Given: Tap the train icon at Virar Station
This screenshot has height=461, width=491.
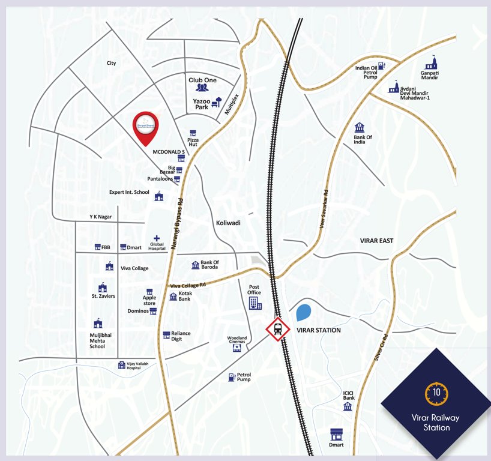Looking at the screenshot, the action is [x=278, y=328].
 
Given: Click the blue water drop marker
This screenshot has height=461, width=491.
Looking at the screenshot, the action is [x=304, y=313].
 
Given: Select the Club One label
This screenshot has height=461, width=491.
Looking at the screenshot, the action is [x=202, y=80].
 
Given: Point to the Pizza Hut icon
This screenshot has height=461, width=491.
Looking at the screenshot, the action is [x=193, y=133].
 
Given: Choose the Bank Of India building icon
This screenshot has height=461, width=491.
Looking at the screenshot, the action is [x=359, y=127].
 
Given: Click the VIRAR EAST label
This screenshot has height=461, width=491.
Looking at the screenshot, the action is [x=376, y=241].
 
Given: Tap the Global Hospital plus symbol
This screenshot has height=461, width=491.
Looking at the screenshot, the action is [x=157, y=238].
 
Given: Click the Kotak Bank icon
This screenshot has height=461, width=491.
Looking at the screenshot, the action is [x=173, y=295].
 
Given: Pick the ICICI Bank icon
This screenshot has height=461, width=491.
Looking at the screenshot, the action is [x=348, y=406].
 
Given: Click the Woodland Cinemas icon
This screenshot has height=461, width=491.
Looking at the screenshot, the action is [x=237, y=348].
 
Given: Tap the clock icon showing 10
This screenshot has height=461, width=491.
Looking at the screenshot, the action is [x=436, y=393].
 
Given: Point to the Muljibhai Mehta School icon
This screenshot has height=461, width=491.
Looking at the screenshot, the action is [x=97, y=324].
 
